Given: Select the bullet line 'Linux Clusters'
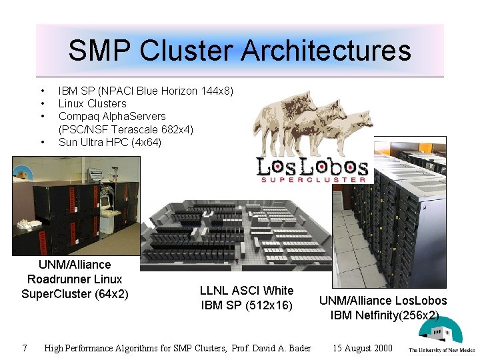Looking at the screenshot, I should [x=92, y=103].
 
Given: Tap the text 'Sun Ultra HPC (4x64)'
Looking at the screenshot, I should [x=110, y=142].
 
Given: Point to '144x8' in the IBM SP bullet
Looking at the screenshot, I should [x=215, y=91].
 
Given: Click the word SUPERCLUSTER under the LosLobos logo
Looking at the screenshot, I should [x=313, y=179].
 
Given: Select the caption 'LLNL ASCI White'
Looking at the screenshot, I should [x=247, y=291].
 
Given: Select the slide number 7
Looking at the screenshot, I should [x=24, y=347].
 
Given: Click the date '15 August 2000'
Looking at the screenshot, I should [x=363, y=348].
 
